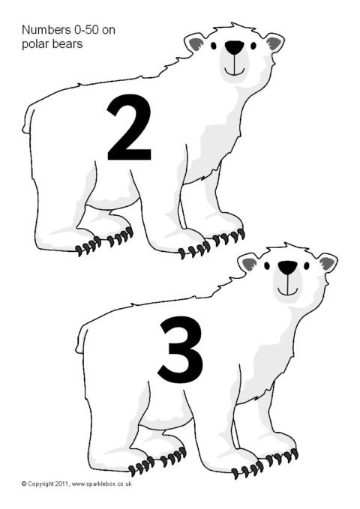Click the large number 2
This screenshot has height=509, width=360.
tap(129, 127)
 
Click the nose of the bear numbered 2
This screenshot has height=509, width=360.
tap(234, 47)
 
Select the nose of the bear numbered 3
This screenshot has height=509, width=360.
tap(287, 267)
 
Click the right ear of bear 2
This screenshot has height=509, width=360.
tap(274, 43)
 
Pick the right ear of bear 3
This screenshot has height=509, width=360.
tap(328, 263)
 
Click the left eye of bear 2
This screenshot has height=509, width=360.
tap(214, 45)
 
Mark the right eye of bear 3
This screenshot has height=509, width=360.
tap(307, 265)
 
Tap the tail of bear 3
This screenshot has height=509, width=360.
tap(81, 340)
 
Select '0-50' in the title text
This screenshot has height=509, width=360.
tap(86, 30)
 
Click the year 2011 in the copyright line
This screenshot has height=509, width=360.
tap(61, 484)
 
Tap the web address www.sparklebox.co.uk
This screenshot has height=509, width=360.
tap(101, 484)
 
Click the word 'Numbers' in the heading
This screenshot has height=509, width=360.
tap(46, 30)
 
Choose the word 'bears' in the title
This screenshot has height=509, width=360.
tap(67, 43)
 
